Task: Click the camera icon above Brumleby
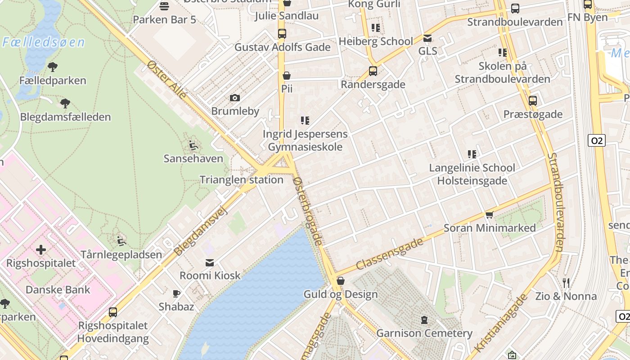click(234, 98)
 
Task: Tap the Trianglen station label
click(241, 180)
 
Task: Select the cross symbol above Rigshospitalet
click(41, 249)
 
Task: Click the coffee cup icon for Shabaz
click(176, 294)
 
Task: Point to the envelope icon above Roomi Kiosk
click(210, 262)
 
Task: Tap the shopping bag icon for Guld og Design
click(341, 281)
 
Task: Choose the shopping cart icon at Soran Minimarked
click(490, 215)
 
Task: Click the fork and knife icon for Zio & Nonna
click(566, 283)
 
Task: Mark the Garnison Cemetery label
click(424, 333)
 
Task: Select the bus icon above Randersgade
click(373, 71)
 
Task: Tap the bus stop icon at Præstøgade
click(533, 101)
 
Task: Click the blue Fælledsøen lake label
click(44, 43)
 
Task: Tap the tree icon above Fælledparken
click(53, 67)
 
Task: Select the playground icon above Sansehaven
click(193, 145)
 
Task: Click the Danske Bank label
click(58, 290)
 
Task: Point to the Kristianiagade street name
click(500, 323)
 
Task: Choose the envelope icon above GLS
click(427, 38)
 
